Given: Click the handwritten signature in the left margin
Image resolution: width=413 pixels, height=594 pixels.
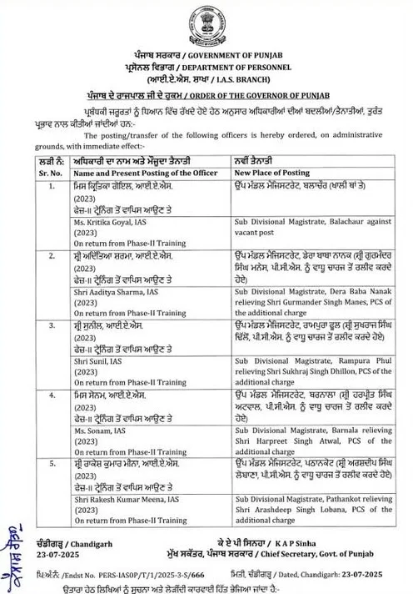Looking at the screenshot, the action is tap(12, 546).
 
